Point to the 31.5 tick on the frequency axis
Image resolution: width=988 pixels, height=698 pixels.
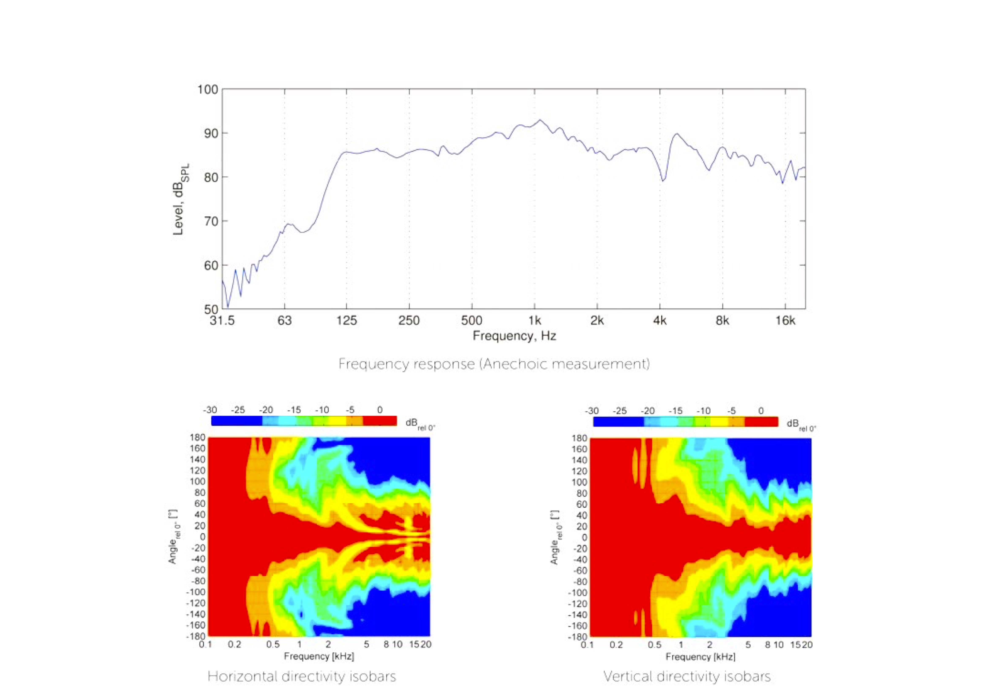pos(222,320)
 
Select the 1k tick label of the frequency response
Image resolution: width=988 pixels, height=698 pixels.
pos(534,320)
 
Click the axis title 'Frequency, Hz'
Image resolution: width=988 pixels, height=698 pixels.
pos(514,336)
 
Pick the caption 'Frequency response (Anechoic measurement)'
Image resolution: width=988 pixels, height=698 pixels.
pos(493,364)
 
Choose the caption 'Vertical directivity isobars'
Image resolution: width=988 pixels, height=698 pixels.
pos(686,676)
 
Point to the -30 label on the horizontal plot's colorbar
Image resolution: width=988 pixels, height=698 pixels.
pos(210,410)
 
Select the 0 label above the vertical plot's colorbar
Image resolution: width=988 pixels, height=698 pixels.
pos(761,411)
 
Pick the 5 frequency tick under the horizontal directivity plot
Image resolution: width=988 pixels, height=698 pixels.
pos(366,644)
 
